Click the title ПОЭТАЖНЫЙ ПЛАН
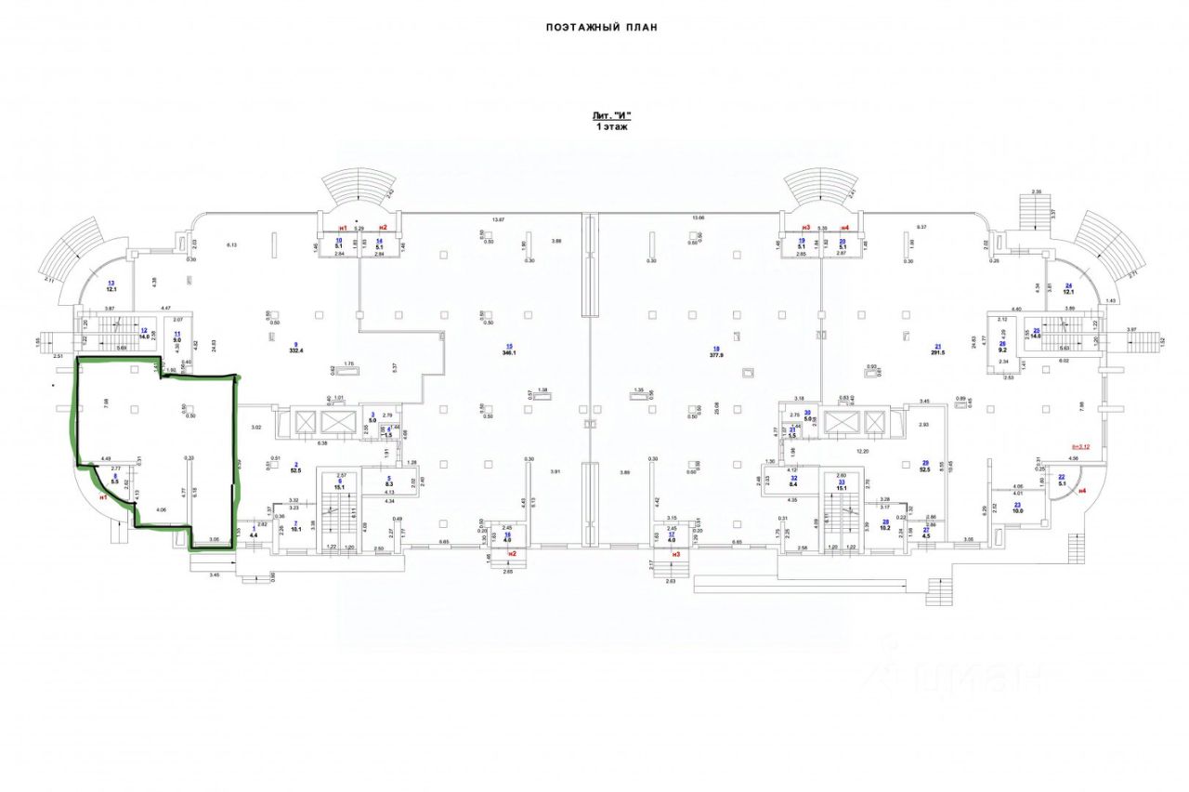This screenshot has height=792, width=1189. coord(601,28)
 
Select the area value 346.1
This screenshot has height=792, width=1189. coord(508,353)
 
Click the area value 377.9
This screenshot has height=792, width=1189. coord(716,353)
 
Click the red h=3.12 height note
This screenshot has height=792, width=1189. coord(1082,447)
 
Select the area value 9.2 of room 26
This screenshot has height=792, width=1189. coord(1002,350)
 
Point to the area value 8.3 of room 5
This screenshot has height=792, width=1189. coord(389,484)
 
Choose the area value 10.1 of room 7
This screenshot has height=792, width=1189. coord(295,530)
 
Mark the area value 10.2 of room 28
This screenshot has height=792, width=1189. coord(885,528)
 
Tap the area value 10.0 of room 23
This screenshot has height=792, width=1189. coord(1017,510)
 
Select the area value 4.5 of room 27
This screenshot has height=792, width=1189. coord(926,535)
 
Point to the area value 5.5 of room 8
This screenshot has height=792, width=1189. coord(115,483)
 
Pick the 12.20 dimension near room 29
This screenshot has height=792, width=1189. coord(862,451)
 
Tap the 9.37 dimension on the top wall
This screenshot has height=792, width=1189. coord(922,227)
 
